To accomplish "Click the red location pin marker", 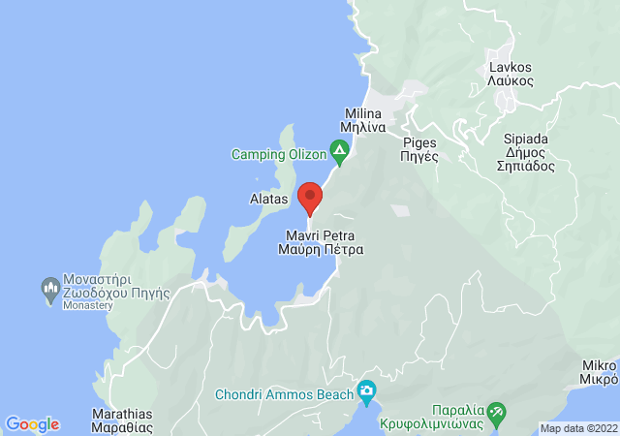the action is point(310,198).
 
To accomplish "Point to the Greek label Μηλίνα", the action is point(364,126).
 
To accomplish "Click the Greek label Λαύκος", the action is point(510,81).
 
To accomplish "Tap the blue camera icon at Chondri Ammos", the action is point(366,391).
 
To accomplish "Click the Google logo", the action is point(32,424).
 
